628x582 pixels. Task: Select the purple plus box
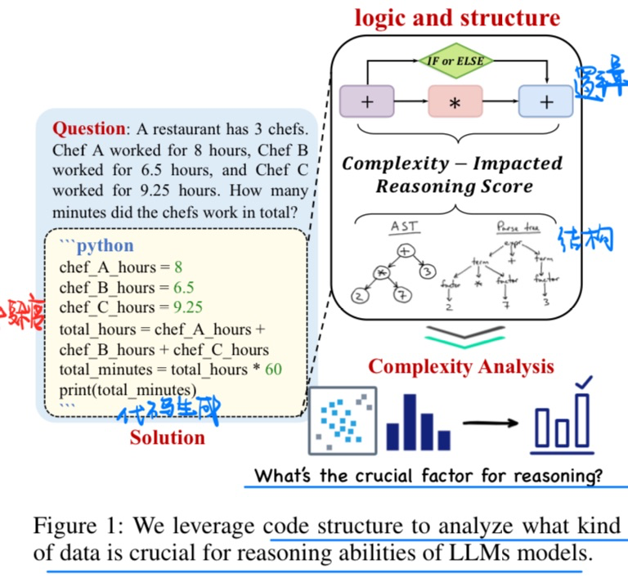click(x=367, y=103)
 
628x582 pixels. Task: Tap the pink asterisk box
click(x=455, y=104)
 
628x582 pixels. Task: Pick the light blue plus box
click(x=545, y=103)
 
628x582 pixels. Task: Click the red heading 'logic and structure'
click(x=457, y=18)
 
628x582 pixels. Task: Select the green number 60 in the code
click(x=273, y=369)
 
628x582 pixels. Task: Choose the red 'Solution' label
click(x=168, y=437)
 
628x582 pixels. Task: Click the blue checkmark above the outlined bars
click(x=584, y=383)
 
